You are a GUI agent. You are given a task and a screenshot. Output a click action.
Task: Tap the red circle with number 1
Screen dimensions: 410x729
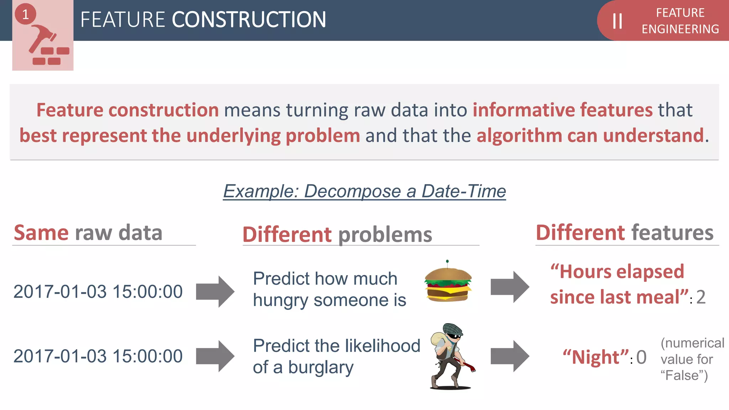coord(25,14)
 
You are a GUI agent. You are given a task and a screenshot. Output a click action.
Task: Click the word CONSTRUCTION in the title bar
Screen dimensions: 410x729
coord(249,20)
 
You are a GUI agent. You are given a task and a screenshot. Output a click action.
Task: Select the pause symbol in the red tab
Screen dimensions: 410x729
coord(618,21)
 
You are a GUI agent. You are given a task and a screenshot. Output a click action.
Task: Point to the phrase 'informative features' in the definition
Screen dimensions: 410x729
coord(562,110)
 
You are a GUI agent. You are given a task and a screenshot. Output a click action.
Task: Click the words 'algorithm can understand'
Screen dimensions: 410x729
coord(590,136)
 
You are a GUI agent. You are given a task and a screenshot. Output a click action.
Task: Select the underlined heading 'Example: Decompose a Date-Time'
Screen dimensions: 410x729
coord(364,191)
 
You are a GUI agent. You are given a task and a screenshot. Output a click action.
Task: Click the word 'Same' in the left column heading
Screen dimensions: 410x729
coord(41,233)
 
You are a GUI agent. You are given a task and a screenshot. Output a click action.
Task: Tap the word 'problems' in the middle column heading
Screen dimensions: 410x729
coord(385,235)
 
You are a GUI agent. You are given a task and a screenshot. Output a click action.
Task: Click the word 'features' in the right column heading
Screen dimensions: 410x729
coord(672,233)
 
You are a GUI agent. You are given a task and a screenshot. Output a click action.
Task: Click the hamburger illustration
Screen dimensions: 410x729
coord(448,283)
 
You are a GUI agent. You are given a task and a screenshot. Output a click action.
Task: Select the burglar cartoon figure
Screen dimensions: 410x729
coord(449,356)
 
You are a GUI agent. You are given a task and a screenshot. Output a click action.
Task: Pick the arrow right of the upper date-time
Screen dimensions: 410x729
coord(215,291)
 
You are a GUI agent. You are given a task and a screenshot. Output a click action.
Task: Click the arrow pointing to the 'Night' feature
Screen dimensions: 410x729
coord(510,356)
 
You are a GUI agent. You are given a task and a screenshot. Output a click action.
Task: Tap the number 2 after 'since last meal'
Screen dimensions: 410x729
coord(701,297)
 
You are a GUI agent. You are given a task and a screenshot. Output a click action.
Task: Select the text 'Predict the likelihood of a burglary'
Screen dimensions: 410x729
coord(336,356)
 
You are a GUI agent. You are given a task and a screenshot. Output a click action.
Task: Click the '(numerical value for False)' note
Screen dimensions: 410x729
coord(692,359)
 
